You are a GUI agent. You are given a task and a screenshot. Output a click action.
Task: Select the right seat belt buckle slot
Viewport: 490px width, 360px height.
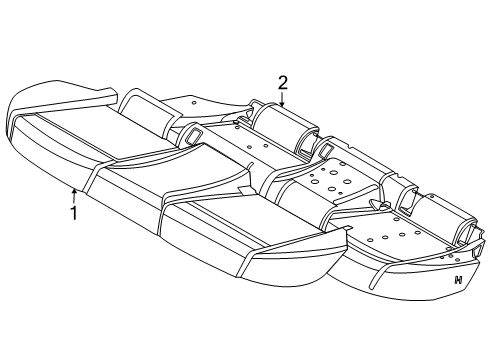[x=325, y=149]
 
